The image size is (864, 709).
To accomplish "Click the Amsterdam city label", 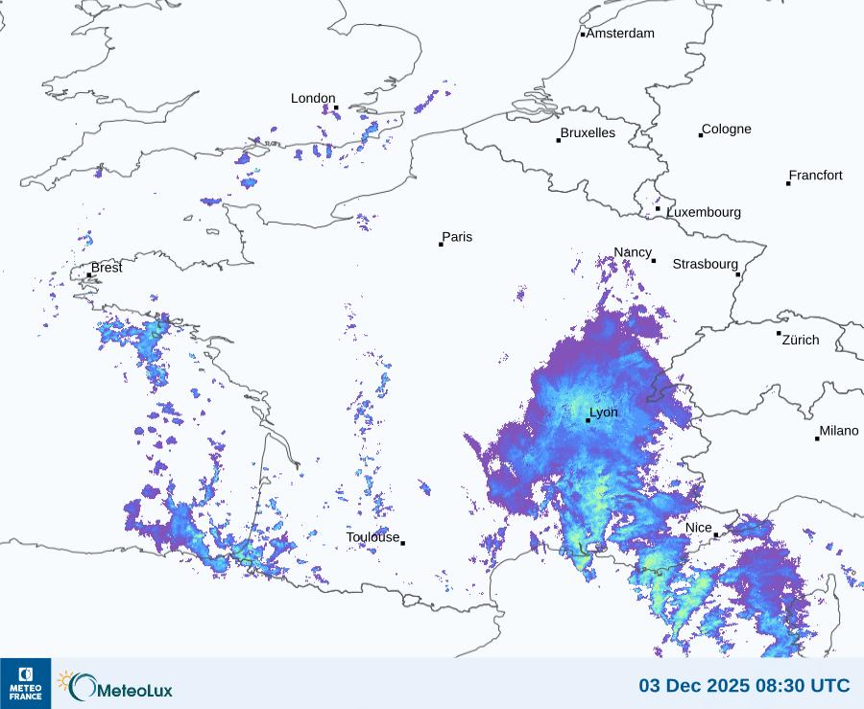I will [620, 34].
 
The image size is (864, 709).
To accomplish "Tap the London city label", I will [313, 99].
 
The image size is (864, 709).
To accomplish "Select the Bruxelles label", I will [588, 133].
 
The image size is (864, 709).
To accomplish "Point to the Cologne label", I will [727, 130].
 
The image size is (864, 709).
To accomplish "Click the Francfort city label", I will [816, 176].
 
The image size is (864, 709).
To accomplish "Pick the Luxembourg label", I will [704, 212].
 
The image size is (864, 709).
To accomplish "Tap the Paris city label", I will [458, 237].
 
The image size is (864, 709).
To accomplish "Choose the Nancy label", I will [633, 252].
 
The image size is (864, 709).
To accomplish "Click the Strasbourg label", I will [705, 264].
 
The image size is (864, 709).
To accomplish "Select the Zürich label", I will [801, 340].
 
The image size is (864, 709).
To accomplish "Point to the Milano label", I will [839, 431].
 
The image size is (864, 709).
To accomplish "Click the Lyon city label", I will [604, 413].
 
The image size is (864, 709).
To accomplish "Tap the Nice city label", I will [699, 528].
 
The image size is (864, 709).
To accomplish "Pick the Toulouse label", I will [372, 537].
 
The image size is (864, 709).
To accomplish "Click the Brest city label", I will [107, 268].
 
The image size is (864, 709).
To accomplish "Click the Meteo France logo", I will [25, 683].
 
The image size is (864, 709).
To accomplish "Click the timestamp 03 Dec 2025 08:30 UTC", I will [744, 686].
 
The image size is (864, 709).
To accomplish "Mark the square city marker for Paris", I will [441, 245].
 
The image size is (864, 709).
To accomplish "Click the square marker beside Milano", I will [817, 438].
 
